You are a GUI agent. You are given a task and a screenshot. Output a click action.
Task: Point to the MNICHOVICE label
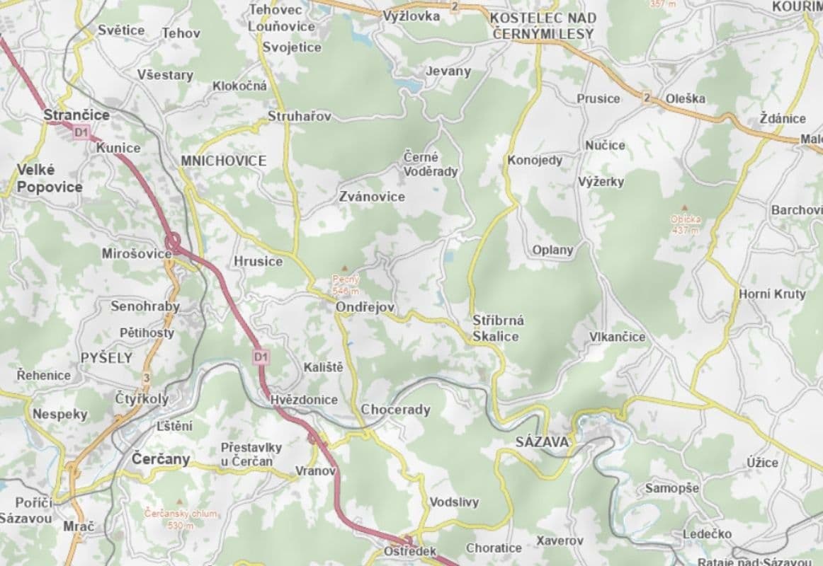tap(223, 161)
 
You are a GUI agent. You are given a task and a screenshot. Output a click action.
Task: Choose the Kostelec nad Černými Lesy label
tap(543, 25)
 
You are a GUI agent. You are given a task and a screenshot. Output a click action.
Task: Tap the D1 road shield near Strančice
tap(81, 132)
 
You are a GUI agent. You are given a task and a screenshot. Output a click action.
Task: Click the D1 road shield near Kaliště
tap(261, 357)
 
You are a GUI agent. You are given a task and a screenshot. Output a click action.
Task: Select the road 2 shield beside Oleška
tap(647, 98)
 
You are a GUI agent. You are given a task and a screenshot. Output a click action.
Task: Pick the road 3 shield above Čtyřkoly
tap(147, 377)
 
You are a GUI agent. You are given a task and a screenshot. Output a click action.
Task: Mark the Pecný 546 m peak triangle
tap(345, 268)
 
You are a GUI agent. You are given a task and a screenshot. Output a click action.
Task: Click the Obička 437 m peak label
tap(686, 224)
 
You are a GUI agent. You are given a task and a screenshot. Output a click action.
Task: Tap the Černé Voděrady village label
tap(431, 164)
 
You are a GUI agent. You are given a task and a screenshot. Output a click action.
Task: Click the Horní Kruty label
tap(772, 294)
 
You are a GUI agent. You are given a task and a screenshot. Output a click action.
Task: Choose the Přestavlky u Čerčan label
tap(251, 454)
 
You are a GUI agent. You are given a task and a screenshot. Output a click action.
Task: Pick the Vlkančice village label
tap(618, 337)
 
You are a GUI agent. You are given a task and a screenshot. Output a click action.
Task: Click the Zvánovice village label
tap(372, 196)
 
